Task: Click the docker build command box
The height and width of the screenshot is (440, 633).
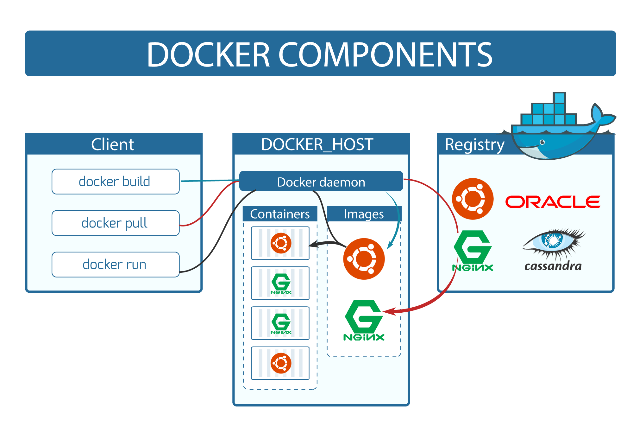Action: (116, 182)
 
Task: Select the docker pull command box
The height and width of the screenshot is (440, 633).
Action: (116, 223)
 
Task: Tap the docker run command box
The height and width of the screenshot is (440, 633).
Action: (116, 265)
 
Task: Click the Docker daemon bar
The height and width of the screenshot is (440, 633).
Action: (321, 182)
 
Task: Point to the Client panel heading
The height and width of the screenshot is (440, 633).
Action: (113, 144)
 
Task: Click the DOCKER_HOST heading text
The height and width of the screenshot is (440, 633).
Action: (317, 144)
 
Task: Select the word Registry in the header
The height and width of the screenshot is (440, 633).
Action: (474, 145)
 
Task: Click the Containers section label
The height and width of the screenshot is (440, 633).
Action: (280, 214)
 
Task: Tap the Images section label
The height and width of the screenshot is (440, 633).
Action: (364, 214)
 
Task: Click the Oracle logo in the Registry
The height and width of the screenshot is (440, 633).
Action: (553, 202)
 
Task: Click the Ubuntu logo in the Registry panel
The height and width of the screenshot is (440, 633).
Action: (473, 199)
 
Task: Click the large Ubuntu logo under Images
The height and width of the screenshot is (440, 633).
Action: (364, 259)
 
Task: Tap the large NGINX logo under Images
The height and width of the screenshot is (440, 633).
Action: (364, 320)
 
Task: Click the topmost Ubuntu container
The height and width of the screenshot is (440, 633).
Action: (280, 243)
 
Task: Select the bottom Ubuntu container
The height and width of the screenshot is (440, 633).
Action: (280, 363)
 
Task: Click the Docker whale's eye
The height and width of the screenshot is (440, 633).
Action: (542, 142)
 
